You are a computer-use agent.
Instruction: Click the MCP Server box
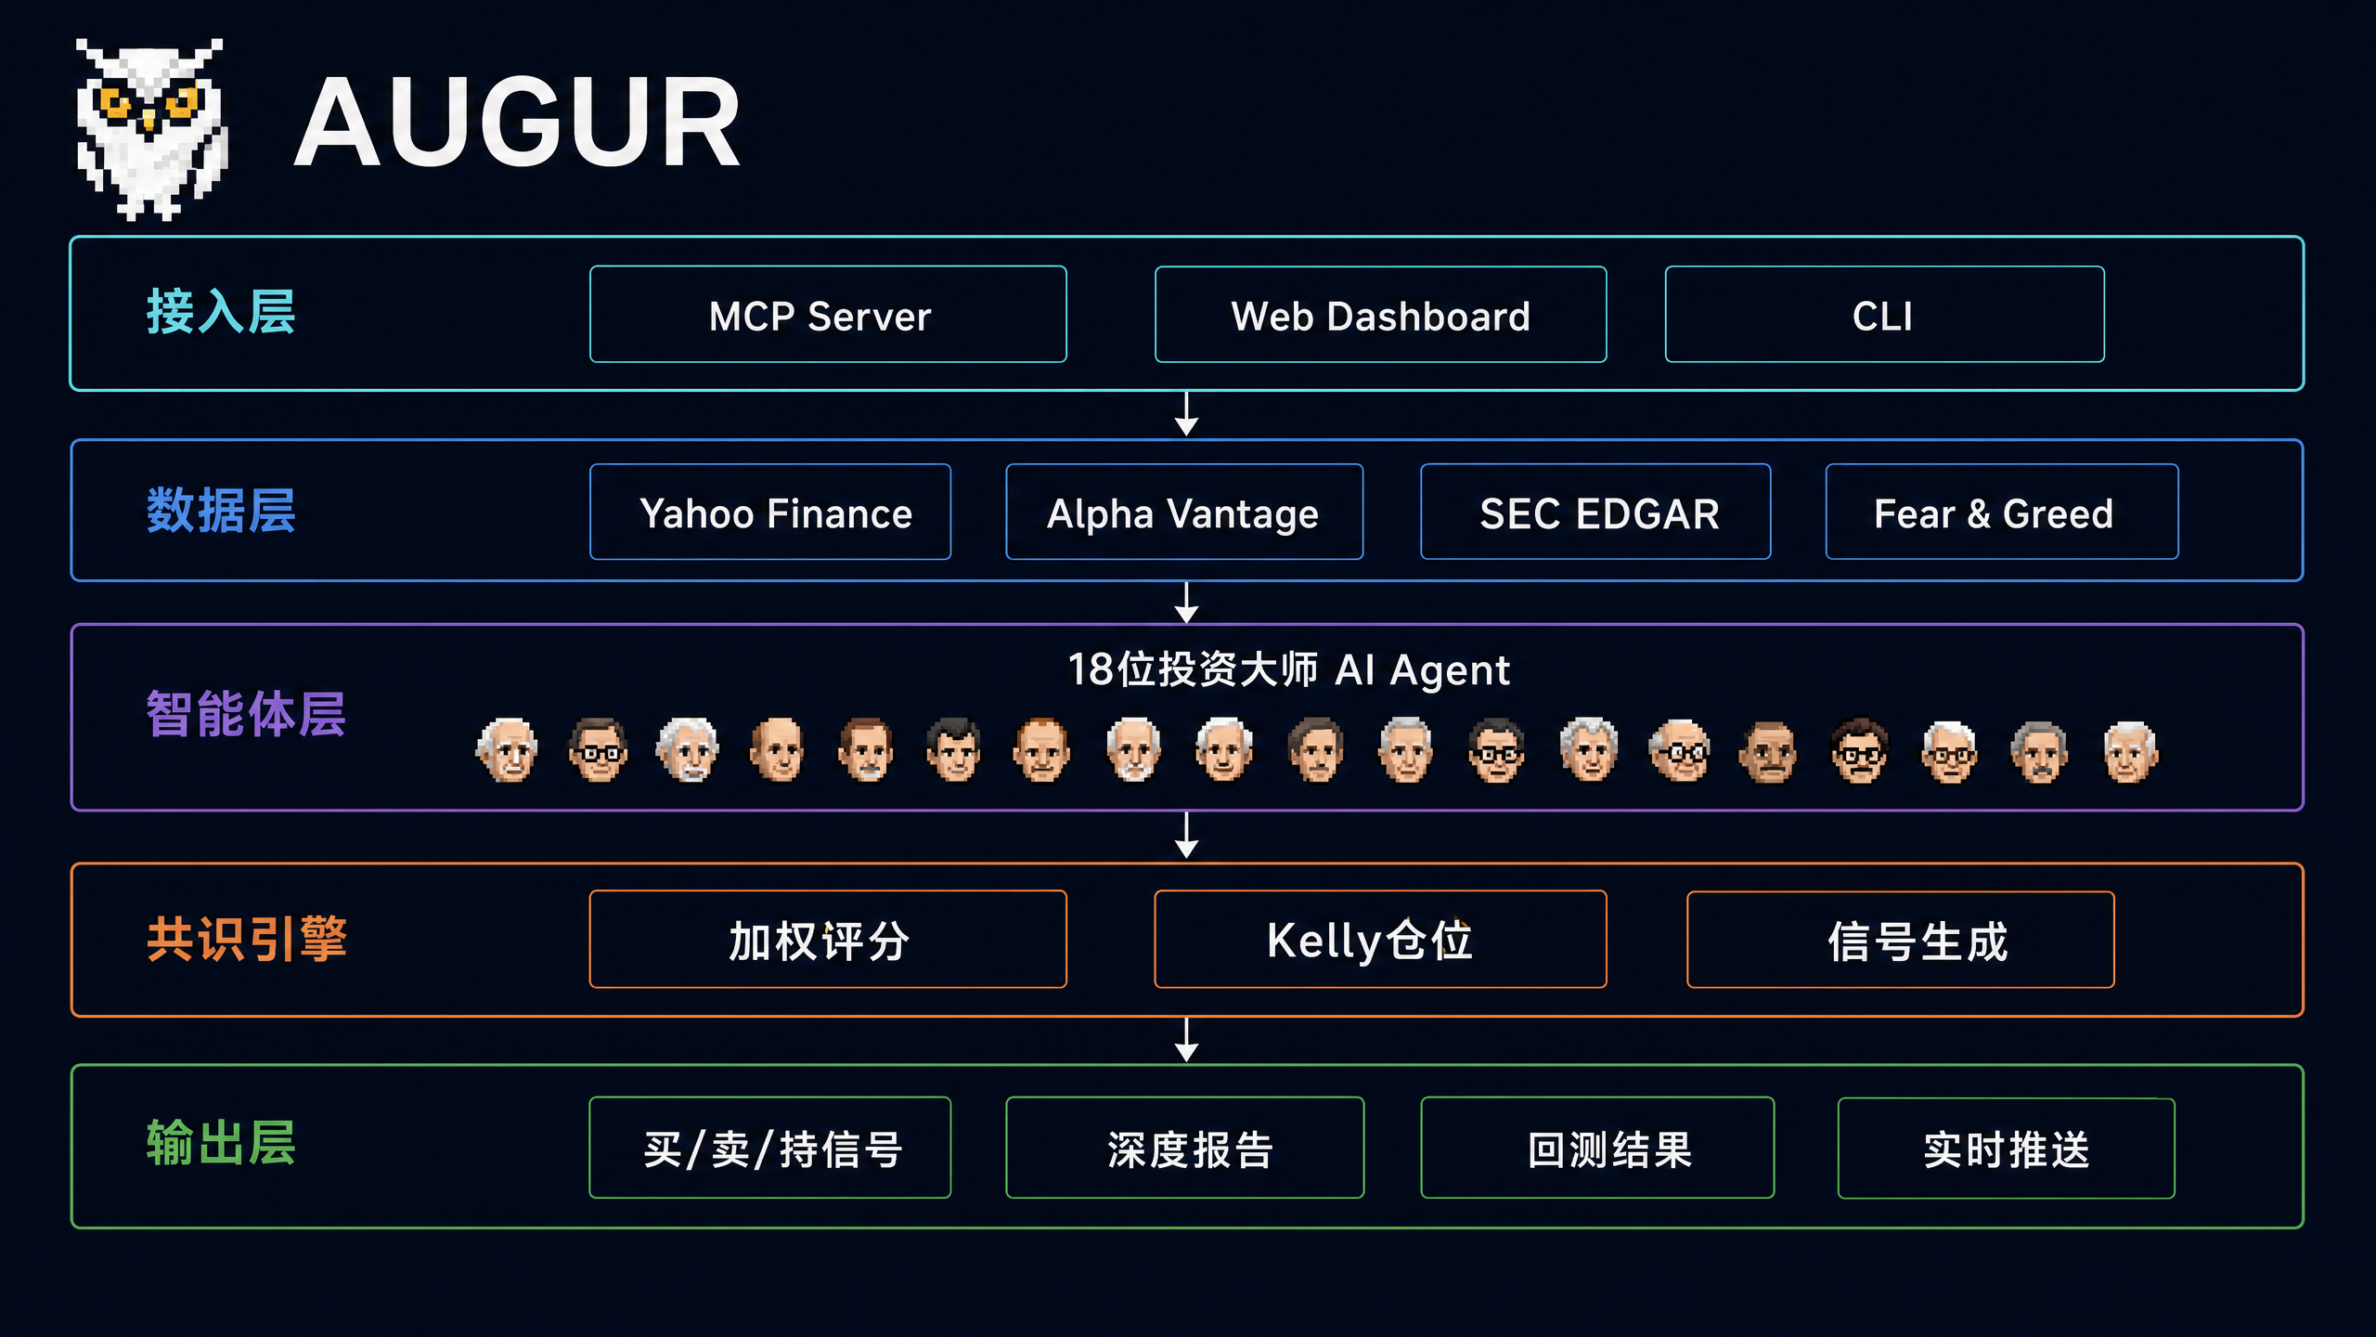[828, 315]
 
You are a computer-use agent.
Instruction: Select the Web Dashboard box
[1380, 315]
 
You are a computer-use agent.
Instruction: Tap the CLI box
[1884, 315]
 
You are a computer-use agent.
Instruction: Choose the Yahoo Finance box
[770, 512]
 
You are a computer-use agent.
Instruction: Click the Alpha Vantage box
[1184, 512]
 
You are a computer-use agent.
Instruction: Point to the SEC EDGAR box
[1595, 512]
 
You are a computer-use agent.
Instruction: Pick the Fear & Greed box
[2002, 512]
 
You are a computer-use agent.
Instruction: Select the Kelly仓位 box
[1380, 940]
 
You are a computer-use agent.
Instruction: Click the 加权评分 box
[828, 940]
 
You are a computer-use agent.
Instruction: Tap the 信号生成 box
[1901, 940]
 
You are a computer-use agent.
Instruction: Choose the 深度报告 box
[1185, 1148]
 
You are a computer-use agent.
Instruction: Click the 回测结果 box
[1597, 1148]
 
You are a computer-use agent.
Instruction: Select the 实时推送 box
[2007, 1149]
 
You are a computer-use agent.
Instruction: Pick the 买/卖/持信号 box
[770, 1148]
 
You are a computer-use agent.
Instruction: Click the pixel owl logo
[151, 129]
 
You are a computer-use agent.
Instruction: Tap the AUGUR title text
[517, 123]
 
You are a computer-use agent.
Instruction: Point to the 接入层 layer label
[221, 311]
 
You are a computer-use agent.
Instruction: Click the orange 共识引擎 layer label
[247, 939]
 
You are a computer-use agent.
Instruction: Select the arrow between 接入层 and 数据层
[1186, 414]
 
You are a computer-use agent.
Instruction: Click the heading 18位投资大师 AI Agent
[1289, 669]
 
